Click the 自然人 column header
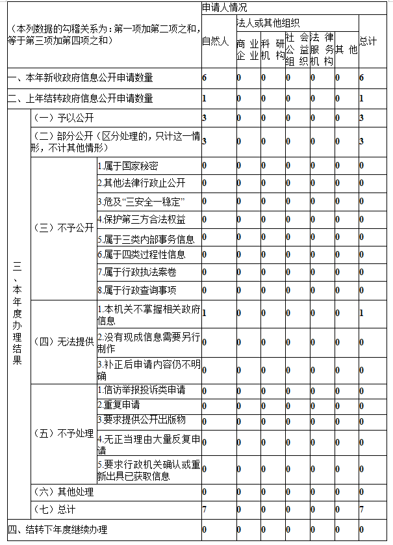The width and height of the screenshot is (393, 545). tap(215, 42)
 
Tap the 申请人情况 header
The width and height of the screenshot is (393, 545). tap(223, 7)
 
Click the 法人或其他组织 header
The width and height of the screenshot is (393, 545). tap(268, 22)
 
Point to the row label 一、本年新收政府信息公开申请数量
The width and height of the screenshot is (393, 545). tap(81, 78)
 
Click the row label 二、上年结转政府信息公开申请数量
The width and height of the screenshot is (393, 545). tap(81, 99)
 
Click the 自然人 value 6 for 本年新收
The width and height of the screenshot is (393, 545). tap(205, 78)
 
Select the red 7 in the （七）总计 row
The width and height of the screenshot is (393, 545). tap(205, 509)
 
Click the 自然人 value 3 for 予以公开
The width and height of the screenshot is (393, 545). tap(205, 118)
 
